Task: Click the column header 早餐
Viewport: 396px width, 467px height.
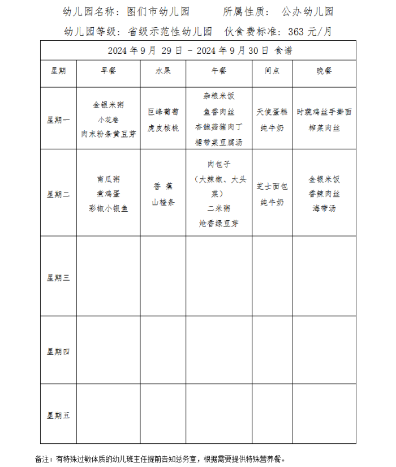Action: [108, 71]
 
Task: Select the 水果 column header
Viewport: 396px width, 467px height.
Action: [163, 71]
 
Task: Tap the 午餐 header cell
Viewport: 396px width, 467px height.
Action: [218, 71]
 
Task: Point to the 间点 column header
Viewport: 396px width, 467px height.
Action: [272, 71]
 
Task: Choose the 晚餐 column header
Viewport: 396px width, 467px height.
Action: [324, 71]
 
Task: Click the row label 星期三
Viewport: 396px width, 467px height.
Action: [58, 278]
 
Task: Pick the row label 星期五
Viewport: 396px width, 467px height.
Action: [58, 415]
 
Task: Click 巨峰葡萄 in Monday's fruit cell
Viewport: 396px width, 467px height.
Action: [163, 112]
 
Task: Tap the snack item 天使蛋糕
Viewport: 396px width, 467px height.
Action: [272, 112]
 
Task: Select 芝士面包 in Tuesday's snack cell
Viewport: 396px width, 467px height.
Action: [272, 186]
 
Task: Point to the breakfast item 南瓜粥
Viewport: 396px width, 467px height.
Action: [108, 179]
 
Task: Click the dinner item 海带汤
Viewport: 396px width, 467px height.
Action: [324, 208]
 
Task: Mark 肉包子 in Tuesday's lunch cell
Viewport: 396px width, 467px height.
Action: [218, 165]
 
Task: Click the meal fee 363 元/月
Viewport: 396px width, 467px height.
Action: [310, 32]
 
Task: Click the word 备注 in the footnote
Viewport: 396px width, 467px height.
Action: [42, 459]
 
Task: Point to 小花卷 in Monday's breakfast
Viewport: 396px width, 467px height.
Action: [108, 119]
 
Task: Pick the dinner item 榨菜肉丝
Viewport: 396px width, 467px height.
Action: [324, 128]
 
